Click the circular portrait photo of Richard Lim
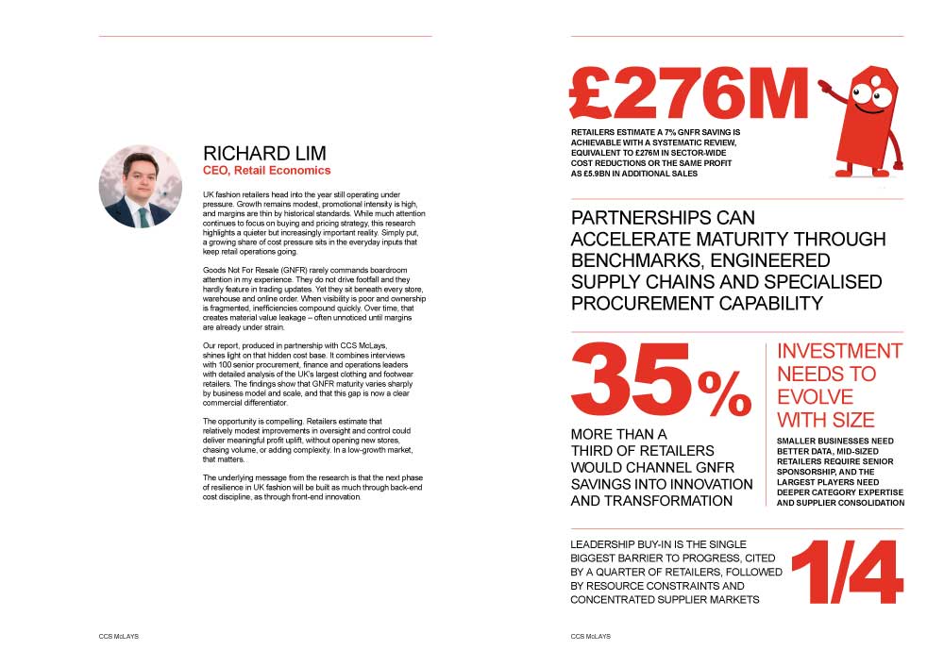pyautogui.click(x=141, y=186)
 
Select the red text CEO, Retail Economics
pyautogui.click(x=267, y=171)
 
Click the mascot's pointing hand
pyautogui.click(x=824, y=86)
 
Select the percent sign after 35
pyautogui.click(x=724, y=394)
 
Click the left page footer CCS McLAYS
pyautogui.click(x=119, y=637)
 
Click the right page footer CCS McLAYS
pyautogui.click(x=591, y=637)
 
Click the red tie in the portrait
pyautogui.click(x=143, y=215)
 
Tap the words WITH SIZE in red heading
pyautogui.click(x=825, y=420)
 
